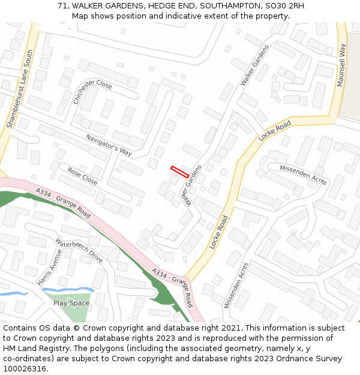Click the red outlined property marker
[180, 172]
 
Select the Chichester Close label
[92, 92]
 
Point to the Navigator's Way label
[109, 145]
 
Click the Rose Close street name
[82, 176]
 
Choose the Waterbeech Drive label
[79, 250]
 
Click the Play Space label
[71, 303]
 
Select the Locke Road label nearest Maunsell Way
[275, 131]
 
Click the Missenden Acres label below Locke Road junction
[236, 286]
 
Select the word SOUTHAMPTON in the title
[227, 6]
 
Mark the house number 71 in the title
[62, 6]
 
